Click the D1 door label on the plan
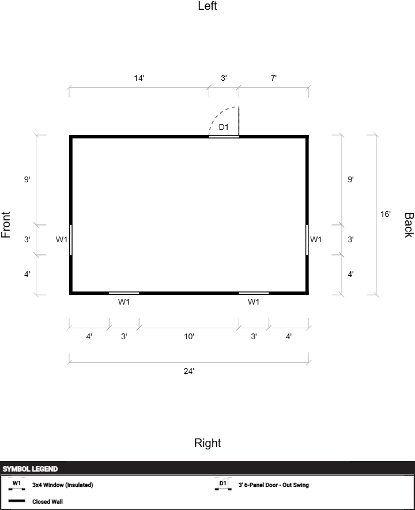click(224, 127)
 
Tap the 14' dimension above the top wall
click(139, 78)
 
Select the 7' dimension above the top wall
click(274, 78)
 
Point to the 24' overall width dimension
click(189, 371)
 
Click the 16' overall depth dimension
click(386, 214)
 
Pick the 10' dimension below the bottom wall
click(189, 336)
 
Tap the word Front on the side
click(6, 225)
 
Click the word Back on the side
click(409, 225)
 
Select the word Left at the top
click(207, 6)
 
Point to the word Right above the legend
click(207, 443)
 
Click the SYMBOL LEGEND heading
click(30, 469)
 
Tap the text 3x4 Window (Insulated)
click(63, 485)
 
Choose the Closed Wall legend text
click(47, 501)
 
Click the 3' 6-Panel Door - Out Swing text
click(274, 485)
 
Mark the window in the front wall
click(71, 240)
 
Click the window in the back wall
click(307, 240)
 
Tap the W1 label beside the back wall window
click(315, 240)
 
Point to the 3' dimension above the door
click(224, 78)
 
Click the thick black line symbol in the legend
click(17, 501)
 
